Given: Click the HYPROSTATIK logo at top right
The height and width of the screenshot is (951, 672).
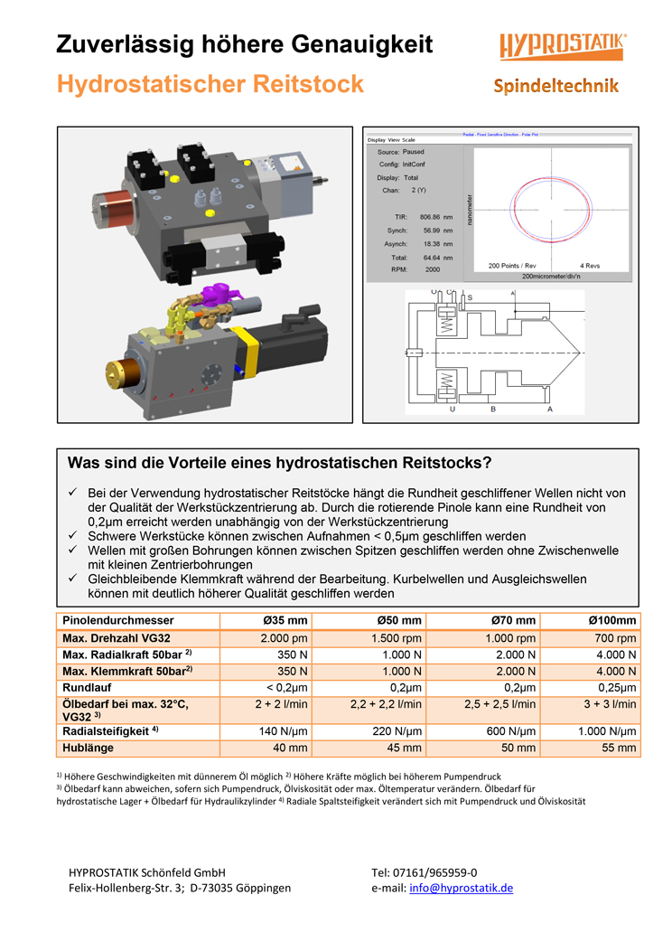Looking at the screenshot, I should pos(563,46).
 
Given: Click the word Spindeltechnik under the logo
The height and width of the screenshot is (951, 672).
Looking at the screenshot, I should pos(556,86).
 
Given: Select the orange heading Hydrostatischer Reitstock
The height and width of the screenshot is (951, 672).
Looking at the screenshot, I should pos(210,84).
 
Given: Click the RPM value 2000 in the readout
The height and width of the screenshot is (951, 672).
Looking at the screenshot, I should pos(432,269).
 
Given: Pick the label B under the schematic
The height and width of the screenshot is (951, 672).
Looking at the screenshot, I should pos(493,410).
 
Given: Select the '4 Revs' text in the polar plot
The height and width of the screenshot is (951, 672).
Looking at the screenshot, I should pos(593,266).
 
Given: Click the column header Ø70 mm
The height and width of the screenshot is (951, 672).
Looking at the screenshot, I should pos(513,620).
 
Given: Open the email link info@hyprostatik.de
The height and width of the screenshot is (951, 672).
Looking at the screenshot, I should pos(461,888).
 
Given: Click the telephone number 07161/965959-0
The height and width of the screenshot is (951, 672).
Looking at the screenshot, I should pos(425,872).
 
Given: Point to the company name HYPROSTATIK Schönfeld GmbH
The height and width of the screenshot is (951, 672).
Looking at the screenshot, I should pos(147,872).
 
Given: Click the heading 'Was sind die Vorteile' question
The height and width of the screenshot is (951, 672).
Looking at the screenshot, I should pos(279,464).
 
